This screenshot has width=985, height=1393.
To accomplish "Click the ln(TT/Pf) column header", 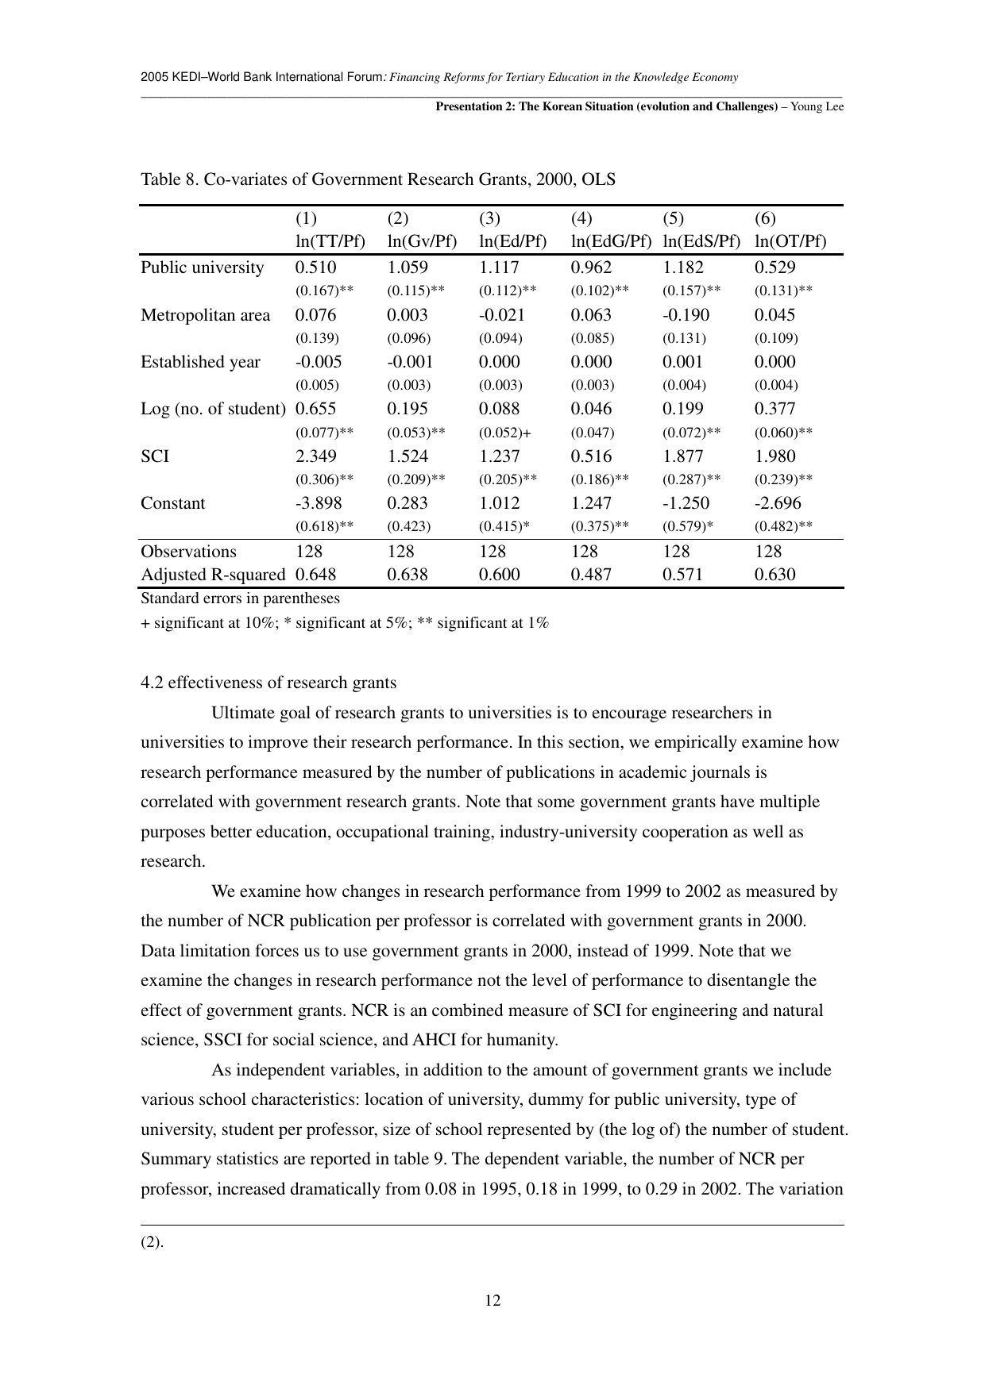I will point(330,241).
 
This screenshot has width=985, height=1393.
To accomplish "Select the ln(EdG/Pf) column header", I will point(611,241).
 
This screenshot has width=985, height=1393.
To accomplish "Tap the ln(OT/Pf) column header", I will point(790,241).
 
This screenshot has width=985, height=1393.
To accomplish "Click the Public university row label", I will point(202,267).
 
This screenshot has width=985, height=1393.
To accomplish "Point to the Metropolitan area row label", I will point(205,315).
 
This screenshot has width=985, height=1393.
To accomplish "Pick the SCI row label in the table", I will point(155,456).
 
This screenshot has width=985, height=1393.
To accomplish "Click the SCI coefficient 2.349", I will point(315,456).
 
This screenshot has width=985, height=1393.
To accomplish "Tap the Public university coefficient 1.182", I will point(683,267).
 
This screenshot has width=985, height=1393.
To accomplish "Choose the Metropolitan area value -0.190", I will point(686,315).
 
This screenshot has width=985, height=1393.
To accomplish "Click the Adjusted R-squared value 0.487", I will point(591,575).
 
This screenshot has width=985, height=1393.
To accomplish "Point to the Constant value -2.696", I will point(778,503).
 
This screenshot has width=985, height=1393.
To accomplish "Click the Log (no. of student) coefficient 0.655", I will point(315,409).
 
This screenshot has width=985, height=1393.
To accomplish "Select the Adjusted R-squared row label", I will point(212,575).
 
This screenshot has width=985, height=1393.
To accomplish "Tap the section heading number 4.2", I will point(152,683).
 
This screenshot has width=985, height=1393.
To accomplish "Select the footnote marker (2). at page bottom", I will point(152,1242).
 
